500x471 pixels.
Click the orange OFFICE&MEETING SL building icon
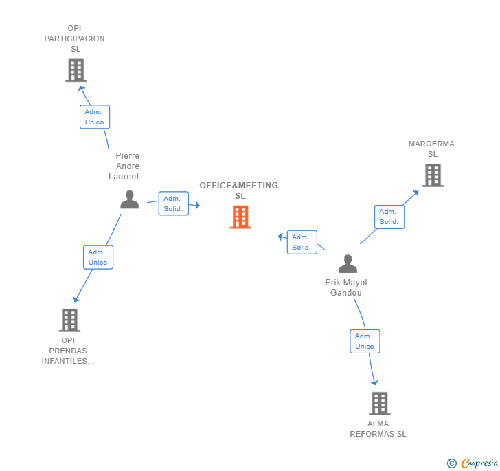coord(240,217)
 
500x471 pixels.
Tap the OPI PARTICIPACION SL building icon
coord(76,70)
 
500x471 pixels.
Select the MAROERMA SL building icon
coord(432,175)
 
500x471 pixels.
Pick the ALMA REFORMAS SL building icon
coord(379,404)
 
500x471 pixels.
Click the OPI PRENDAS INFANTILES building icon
coord(69,320)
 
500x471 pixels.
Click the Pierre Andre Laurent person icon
coord(129,199)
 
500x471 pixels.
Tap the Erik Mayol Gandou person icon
coord(348,264)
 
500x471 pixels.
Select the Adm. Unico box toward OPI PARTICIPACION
coord(95,117)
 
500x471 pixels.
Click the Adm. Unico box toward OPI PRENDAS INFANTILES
coord(98,257)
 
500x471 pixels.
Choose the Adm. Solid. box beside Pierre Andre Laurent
coord(173,204)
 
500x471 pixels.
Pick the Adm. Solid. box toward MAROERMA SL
coord(389,217)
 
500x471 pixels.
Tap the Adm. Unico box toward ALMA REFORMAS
coord(365,341)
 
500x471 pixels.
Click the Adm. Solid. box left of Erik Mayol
coord(302,242)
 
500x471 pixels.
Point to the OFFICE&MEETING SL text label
coord(239,190)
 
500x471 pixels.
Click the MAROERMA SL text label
coord(431,149)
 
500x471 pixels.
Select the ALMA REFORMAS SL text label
coord(378,429)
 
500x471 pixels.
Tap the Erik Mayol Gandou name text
coord(346,287)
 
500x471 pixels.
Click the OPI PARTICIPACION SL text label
coord(75,39)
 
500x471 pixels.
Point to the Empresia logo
coord(473,463)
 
